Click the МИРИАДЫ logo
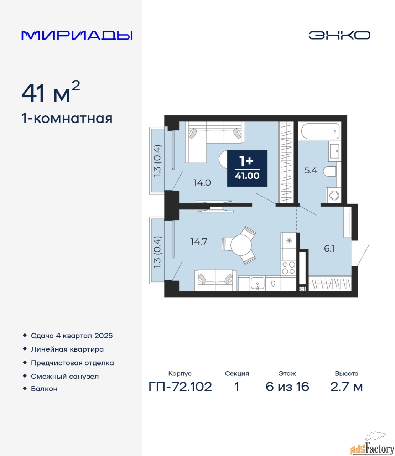click(x=77, y=35)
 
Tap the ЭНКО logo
click(x=339, y=35)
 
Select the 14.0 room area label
click(x=202, y=183)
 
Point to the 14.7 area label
click(x=199, y=242)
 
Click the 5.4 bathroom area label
click(x=311, y=170)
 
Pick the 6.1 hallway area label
click(x=329, y=249)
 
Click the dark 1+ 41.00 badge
click(x=247, y=168)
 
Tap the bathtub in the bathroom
click(x=320, y=131)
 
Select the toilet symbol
click(x=330, y=171)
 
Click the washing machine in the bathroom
click(x=333, y=196)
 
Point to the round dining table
click(x=241, y=245)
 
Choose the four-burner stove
click(x=289, y=268)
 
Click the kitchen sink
click(x=258, y=283)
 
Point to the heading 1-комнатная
click(x=67, y=119)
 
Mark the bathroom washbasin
click(x=334, y=151)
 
